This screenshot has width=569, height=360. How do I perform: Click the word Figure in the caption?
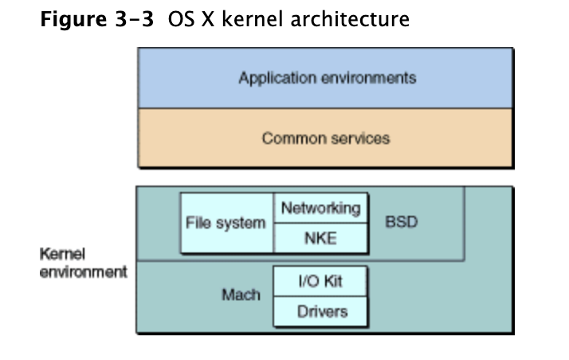pyautogui.click(x=73, y=20)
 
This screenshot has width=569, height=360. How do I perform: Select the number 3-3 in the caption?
pyautogui.click(x=135, y=19)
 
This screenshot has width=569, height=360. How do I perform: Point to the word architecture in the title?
pyautogui.click(x=350, y=19)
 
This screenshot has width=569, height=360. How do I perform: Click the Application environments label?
pyautogui.click(x=328, y=78)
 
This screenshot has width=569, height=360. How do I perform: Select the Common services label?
pyautogui.click(x=326, y=138)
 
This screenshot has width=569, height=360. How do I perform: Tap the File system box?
pyautogui.click(x=227, y=222)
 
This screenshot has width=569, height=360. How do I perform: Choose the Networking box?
pyautogui.click(x=321, y=208)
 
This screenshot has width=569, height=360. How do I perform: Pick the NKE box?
pyautogui.click(x=321, y=238)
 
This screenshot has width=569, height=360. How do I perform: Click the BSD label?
pyautogui.click(x=402, y=222)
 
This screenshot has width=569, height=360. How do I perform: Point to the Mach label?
pyautogui.click(x=241, y=295)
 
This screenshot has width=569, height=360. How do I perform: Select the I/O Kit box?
pyautogui.click(x=320, y=281)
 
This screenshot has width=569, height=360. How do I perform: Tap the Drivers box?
pyautogui.click(x=320, y=311)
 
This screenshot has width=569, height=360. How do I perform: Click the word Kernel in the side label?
pyautogui.click(x=62, y=254)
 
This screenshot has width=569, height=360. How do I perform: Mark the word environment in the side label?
pyautogui.click(x=84, y=272)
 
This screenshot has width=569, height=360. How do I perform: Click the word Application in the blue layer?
pyautogui.click(x=277, y=78)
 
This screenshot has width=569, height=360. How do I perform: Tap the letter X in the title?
pyautogui.click(x=208, y=19)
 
